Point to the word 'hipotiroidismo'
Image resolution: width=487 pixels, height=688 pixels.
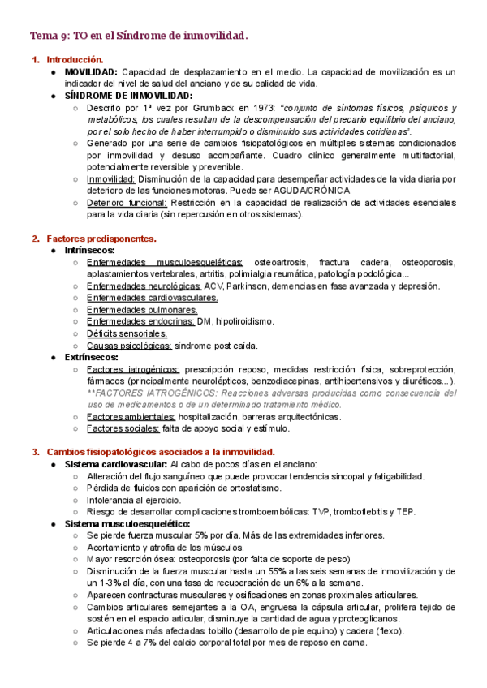[244, 321]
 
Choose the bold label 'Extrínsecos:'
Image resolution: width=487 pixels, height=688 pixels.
[92, 357]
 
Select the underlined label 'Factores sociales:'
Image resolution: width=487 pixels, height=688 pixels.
[123, 428]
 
